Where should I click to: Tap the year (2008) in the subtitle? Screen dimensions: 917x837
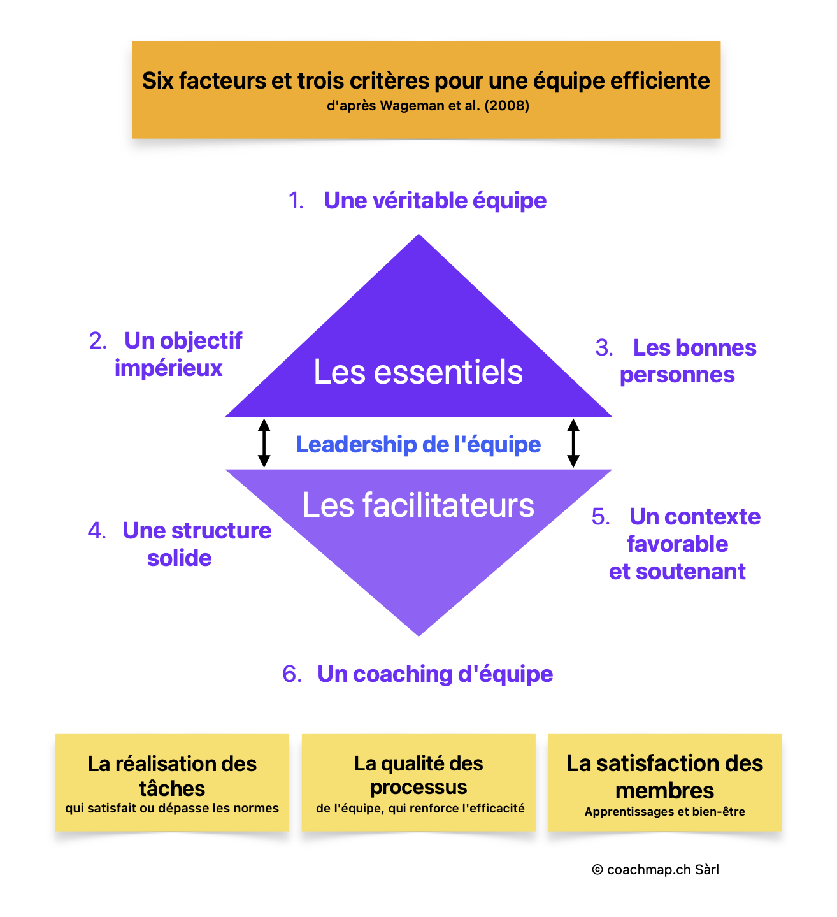tap(507, 106)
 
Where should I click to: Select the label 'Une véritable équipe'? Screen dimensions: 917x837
tap(435, 201)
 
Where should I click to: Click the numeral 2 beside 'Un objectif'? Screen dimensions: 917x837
tap(97, 341)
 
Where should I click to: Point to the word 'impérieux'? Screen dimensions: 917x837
tap(169, 368)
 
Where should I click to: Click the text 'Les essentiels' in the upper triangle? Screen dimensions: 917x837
tap(418, 372)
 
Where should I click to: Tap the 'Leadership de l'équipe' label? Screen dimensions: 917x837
tap(418, 444)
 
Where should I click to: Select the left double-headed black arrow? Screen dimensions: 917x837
tap(264, 443)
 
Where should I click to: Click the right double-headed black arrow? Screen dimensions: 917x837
tap(573, 443)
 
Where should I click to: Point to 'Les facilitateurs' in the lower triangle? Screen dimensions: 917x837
tap(418, 505)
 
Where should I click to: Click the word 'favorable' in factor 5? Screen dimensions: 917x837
tap(677, 544)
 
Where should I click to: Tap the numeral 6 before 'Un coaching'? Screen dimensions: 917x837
tap(290, 674)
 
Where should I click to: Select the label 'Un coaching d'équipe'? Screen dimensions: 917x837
tap(435, 674)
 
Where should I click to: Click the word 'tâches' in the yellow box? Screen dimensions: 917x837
tap(172, 789)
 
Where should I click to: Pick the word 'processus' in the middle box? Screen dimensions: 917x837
tap(418, 788)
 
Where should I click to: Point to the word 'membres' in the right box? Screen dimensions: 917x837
tap(664, 791)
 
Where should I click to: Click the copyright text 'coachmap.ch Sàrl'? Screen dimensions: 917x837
tap(662, 870)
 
